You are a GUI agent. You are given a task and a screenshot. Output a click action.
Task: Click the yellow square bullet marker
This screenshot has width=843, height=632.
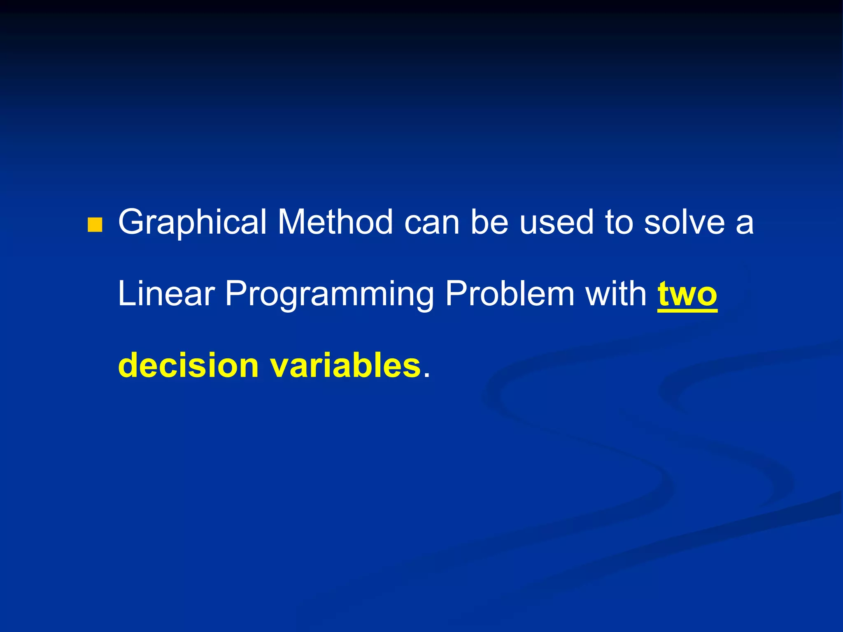coord(95,225)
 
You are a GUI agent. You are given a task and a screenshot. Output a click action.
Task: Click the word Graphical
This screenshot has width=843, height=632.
coord(193,222)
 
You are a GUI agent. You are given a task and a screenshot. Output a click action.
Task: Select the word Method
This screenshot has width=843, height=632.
coord(335,222)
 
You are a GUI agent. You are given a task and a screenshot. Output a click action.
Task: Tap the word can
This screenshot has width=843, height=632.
coord(432,223)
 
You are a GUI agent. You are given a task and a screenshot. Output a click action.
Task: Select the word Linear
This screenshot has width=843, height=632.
coord(166,294)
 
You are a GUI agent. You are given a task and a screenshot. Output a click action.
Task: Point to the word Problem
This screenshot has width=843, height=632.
coord(510,294)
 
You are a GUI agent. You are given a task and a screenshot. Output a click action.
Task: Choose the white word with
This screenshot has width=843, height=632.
coord(616,294)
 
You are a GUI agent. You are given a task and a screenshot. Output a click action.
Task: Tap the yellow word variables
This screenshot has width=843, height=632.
coord(345,365)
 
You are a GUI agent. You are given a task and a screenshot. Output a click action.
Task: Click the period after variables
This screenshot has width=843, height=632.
coord(426,375)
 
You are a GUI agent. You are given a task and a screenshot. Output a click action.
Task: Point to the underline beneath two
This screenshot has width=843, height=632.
coord(687,311)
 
